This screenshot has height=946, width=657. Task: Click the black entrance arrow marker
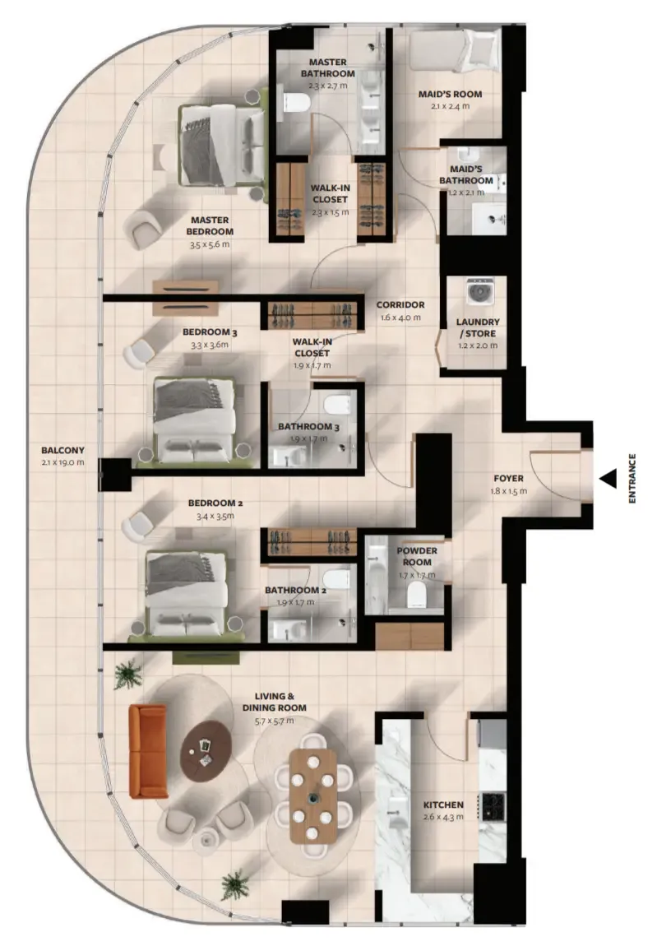tap(608, 479)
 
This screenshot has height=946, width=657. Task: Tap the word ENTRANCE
tap(632, 479)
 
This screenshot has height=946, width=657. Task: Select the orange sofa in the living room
tap(148, 751)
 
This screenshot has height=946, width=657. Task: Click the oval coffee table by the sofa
tap(206, 752)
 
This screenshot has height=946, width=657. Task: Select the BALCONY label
tap(62, 450)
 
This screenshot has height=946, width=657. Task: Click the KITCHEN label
tap(443, 805)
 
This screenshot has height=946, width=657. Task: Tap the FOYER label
tap(509, 479)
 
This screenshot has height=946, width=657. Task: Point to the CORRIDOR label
tap(400, 304)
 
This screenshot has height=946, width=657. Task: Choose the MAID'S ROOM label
tap(450, 94)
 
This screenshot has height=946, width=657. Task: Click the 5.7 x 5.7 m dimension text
tap(275, 721)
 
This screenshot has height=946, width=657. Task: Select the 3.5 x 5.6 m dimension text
tap(210, 245)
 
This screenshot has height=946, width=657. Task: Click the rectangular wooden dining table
tap(312, 796)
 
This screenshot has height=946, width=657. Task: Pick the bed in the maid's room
tap(455, 52)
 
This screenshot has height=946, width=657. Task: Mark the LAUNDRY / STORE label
tap(478, 327)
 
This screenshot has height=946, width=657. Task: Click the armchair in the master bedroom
tap(143, 227)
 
